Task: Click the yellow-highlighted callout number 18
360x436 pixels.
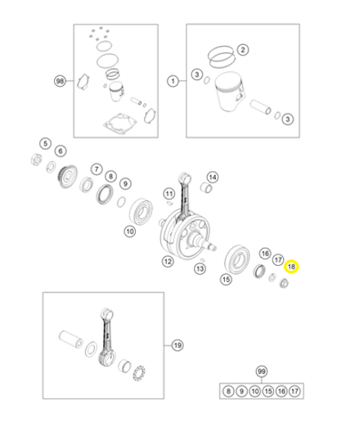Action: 291,267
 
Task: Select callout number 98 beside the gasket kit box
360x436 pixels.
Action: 60,81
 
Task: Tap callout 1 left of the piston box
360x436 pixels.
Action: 173,81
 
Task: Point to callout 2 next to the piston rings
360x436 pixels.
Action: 243,50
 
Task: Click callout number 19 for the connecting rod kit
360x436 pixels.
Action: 178,345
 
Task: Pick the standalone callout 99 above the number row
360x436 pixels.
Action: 262,371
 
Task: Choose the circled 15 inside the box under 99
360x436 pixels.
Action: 268,391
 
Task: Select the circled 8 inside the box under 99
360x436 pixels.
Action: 228,391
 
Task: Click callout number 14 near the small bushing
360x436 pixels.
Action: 213,178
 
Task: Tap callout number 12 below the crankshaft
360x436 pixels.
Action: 168,262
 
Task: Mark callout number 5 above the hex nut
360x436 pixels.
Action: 45,143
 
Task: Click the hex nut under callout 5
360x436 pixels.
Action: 36,160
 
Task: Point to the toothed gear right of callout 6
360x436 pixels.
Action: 67,177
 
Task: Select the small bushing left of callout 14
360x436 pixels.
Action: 206,187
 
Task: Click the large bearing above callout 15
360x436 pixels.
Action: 237,259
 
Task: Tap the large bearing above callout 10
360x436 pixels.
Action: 141,213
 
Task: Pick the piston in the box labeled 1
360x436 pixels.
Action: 229,92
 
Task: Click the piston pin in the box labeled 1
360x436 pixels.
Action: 260,107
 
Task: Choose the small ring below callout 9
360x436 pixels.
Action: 121,202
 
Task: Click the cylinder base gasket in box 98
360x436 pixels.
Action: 120,123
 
